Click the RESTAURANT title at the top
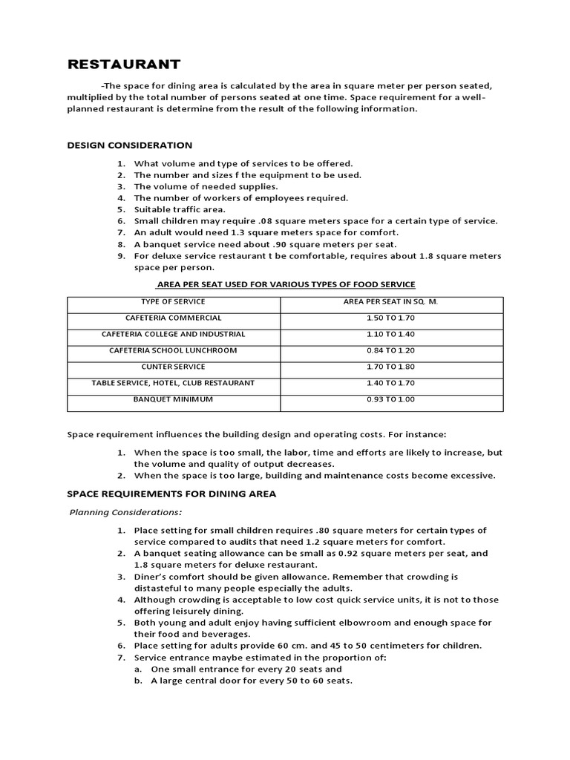point(124,64)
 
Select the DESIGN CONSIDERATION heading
point(130,145)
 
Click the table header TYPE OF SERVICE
point(173,301)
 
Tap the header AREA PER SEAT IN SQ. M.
point(391,301)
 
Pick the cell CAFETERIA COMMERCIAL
point(173,318)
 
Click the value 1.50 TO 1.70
point(391,318)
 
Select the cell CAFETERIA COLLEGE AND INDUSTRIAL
point(173,334)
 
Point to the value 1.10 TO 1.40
point(391,334)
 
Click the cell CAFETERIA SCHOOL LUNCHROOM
point(173,350)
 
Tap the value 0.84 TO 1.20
point(391,350)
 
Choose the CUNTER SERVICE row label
point(173,367)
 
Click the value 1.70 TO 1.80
point(391,367)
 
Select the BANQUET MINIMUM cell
point(173,399)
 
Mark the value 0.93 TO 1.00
point(391,399)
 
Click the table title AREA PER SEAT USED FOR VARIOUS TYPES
point(285,284)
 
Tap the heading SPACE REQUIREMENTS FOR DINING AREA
point(171,494)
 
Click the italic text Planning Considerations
point(125,512)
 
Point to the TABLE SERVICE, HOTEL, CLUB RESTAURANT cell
point(173,383)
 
